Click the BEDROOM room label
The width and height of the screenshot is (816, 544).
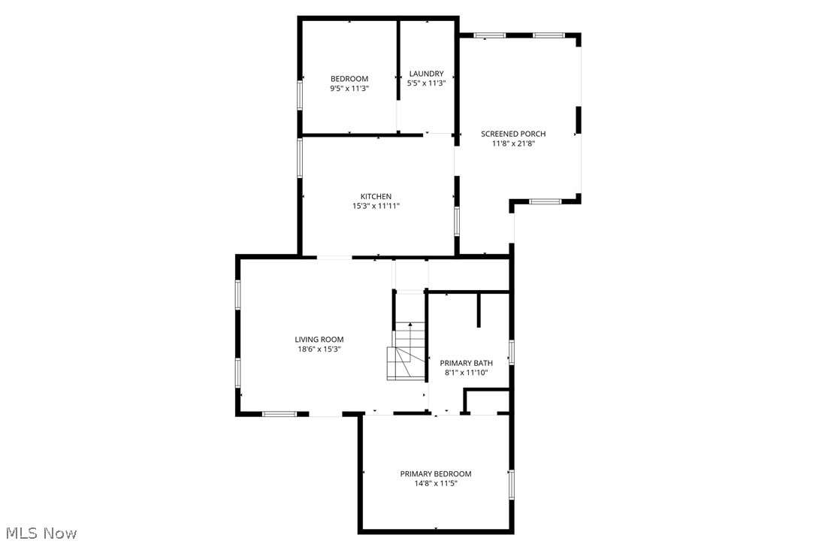pyautogui.click(x=349, y=79)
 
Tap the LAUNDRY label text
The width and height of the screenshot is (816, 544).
pyautogui.click(x=426, y=74)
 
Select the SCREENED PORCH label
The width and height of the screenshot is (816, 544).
pyautogui.click(x=513, y=134)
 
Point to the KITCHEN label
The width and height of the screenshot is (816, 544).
pyautogui.click(x=376, y=197)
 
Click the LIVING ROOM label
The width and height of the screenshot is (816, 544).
pyautogui.click(x=319, y=340)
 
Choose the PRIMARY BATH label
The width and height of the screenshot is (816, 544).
pyautogui.click(x=466, y=363)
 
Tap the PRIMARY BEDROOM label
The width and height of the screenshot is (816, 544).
pyautogui.click(x=436, y=473)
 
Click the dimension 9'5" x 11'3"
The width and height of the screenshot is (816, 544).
pyautogui.click(x=349, y=88)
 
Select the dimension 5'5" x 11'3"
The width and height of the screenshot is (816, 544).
pyautogui.click(x=426, y=83)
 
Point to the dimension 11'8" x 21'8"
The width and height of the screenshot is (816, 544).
pyautogui.click(x=513, y=144)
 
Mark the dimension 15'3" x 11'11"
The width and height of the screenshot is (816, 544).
pyautogui.click(x=376, y=206)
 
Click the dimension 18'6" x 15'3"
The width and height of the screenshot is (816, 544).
pyautogui.click(x=319, y=349)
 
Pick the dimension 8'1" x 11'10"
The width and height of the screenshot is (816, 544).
pyautogui.click(x=466, y=372)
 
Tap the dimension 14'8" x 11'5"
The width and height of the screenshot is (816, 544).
pyautogui.click(x=436, y=483)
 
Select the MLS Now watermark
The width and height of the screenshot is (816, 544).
pyautogui.click(x=39, y=533)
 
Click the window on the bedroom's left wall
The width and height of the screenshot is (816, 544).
pyautogui.click(x=300, y=95)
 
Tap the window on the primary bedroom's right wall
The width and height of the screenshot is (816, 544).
pyautogui.click(x=511, y=484)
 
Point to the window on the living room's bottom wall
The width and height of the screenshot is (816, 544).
pyautogui.click(x=279, y=413)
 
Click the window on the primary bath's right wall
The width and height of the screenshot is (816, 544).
pyautogui.click(x=511, y=352)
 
